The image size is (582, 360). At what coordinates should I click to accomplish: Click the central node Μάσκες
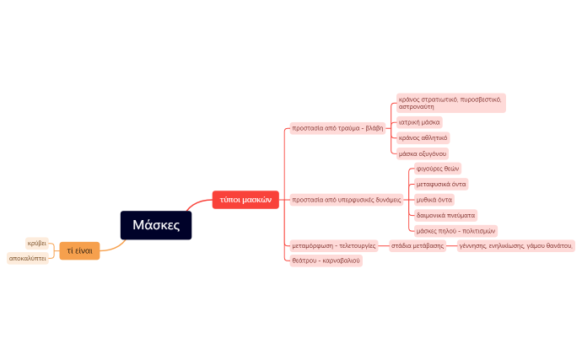(156, 225)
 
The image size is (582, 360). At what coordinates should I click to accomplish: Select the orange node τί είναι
(79, 250)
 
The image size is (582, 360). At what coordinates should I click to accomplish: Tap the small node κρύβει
(36, 243)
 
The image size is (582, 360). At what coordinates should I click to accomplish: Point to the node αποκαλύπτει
(27, 258)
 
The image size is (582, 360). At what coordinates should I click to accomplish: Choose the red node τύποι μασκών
(245, 200)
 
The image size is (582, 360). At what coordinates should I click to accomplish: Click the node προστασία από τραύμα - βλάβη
(337, 128)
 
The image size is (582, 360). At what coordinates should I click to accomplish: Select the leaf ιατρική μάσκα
(419, 122)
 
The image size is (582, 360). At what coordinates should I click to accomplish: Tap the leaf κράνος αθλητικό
(423, 137)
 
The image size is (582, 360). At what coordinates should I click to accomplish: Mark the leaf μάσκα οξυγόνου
(423, 153)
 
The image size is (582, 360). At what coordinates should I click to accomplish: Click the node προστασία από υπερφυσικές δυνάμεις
(346, 200)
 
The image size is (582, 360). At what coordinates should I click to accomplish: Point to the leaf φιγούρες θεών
(438, 169)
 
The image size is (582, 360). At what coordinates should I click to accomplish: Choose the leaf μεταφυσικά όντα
(441, 184)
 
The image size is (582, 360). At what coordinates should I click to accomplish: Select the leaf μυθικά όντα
(434, 200)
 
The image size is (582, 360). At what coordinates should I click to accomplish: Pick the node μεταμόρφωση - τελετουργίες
(333, 245)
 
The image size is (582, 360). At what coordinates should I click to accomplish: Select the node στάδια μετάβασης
(418, 245)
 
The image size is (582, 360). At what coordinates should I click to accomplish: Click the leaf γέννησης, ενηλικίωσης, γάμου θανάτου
(515, 246)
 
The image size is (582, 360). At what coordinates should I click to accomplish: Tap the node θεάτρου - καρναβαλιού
(326, 261)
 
